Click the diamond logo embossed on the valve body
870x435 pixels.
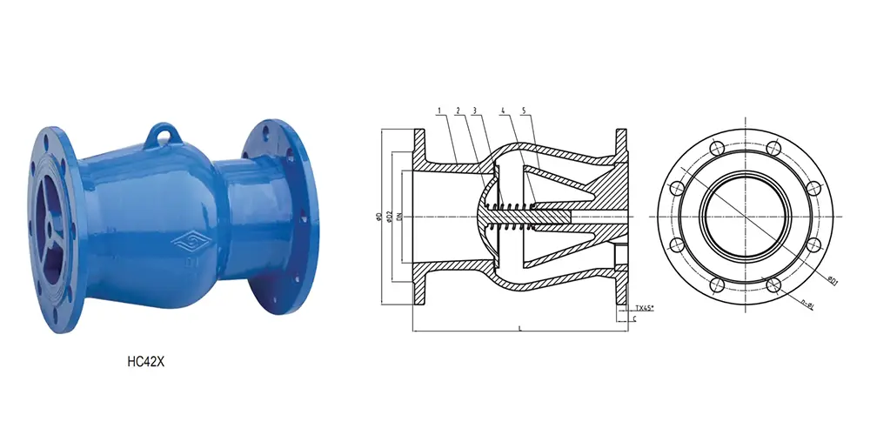(185, 239)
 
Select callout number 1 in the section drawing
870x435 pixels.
(440, 110)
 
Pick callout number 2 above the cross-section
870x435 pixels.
(458, 110)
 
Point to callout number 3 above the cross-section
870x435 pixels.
(475, 110)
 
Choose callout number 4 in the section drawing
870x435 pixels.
(504, 110)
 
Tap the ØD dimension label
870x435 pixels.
(377, 215)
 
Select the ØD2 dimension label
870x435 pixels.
(389, 215)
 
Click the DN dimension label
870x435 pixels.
(399, 215)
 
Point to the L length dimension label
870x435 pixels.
(519, 328)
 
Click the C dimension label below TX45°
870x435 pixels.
(635, 320)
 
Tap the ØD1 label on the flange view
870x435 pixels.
(832, 280)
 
